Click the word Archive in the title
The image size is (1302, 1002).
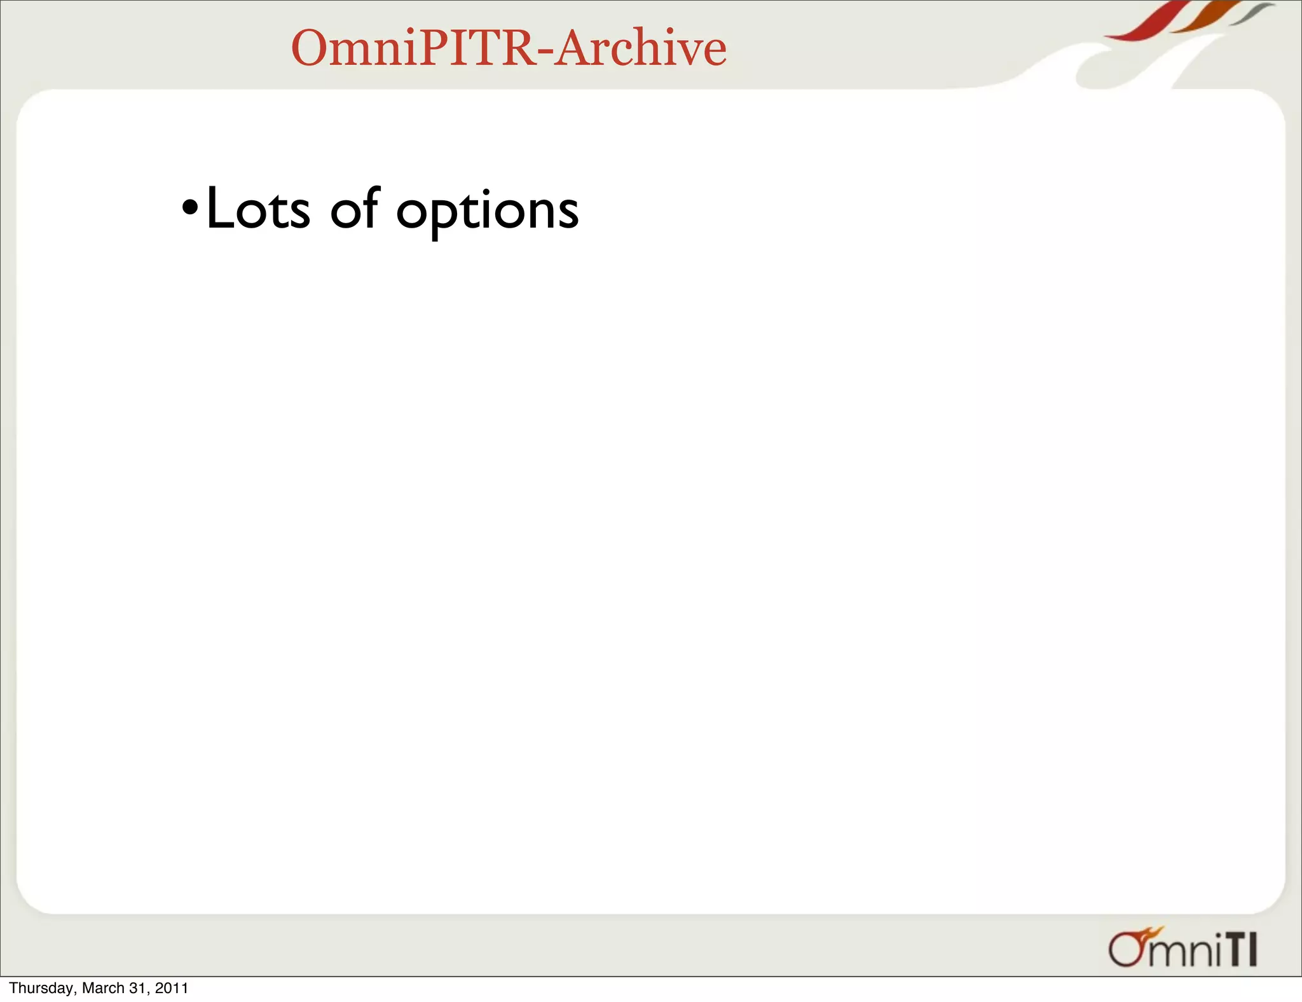[641, 48]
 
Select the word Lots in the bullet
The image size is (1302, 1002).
[258, 209]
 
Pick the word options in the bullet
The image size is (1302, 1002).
[487, 212]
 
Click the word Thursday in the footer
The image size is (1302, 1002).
[42, 988]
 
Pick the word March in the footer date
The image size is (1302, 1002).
[103, 988]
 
